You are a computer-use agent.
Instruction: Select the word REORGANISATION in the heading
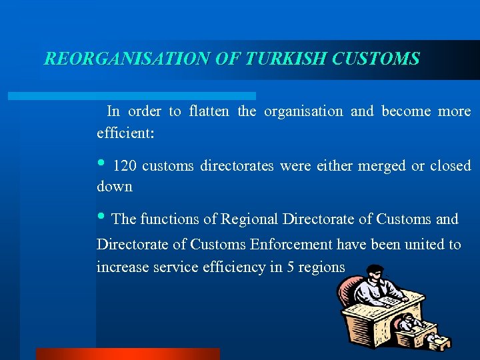tap(127, 59)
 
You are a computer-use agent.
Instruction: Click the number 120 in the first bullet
tap(125, 166)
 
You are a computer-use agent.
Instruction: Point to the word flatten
tap(211, 111)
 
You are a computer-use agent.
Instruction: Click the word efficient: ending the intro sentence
tap(125, 133)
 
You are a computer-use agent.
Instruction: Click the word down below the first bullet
tap(115, 187)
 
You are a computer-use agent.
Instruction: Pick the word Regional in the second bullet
tap(250, 219)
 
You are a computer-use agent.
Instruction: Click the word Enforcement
tap(292, 245)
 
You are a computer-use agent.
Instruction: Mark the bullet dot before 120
tap(101, 164)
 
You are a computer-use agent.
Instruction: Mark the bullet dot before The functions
tap(101, 217)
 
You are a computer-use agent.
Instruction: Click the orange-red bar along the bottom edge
tap(127, 354)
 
